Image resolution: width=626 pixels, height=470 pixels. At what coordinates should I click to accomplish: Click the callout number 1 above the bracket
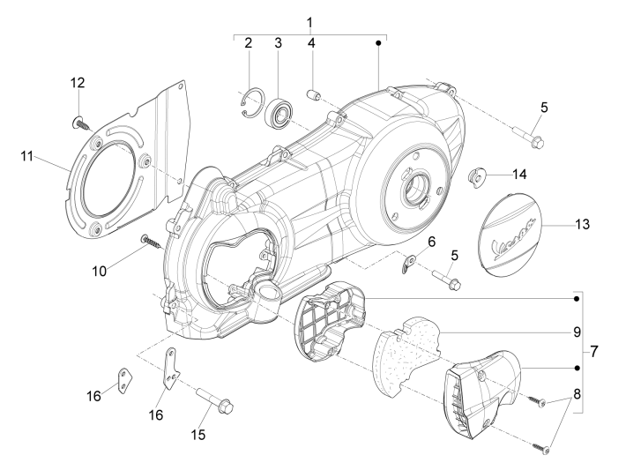(309, 20)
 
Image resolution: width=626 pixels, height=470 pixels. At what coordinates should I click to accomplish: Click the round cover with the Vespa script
(512, 235)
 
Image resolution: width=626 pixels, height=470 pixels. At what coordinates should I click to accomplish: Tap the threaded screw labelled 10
(153, 241)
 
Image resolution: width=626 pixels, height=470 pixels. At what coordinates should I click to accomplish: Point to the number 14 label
(518, 173)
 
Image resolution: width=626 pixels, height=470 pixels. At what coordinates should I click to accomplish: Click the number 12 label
(78, 82)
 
